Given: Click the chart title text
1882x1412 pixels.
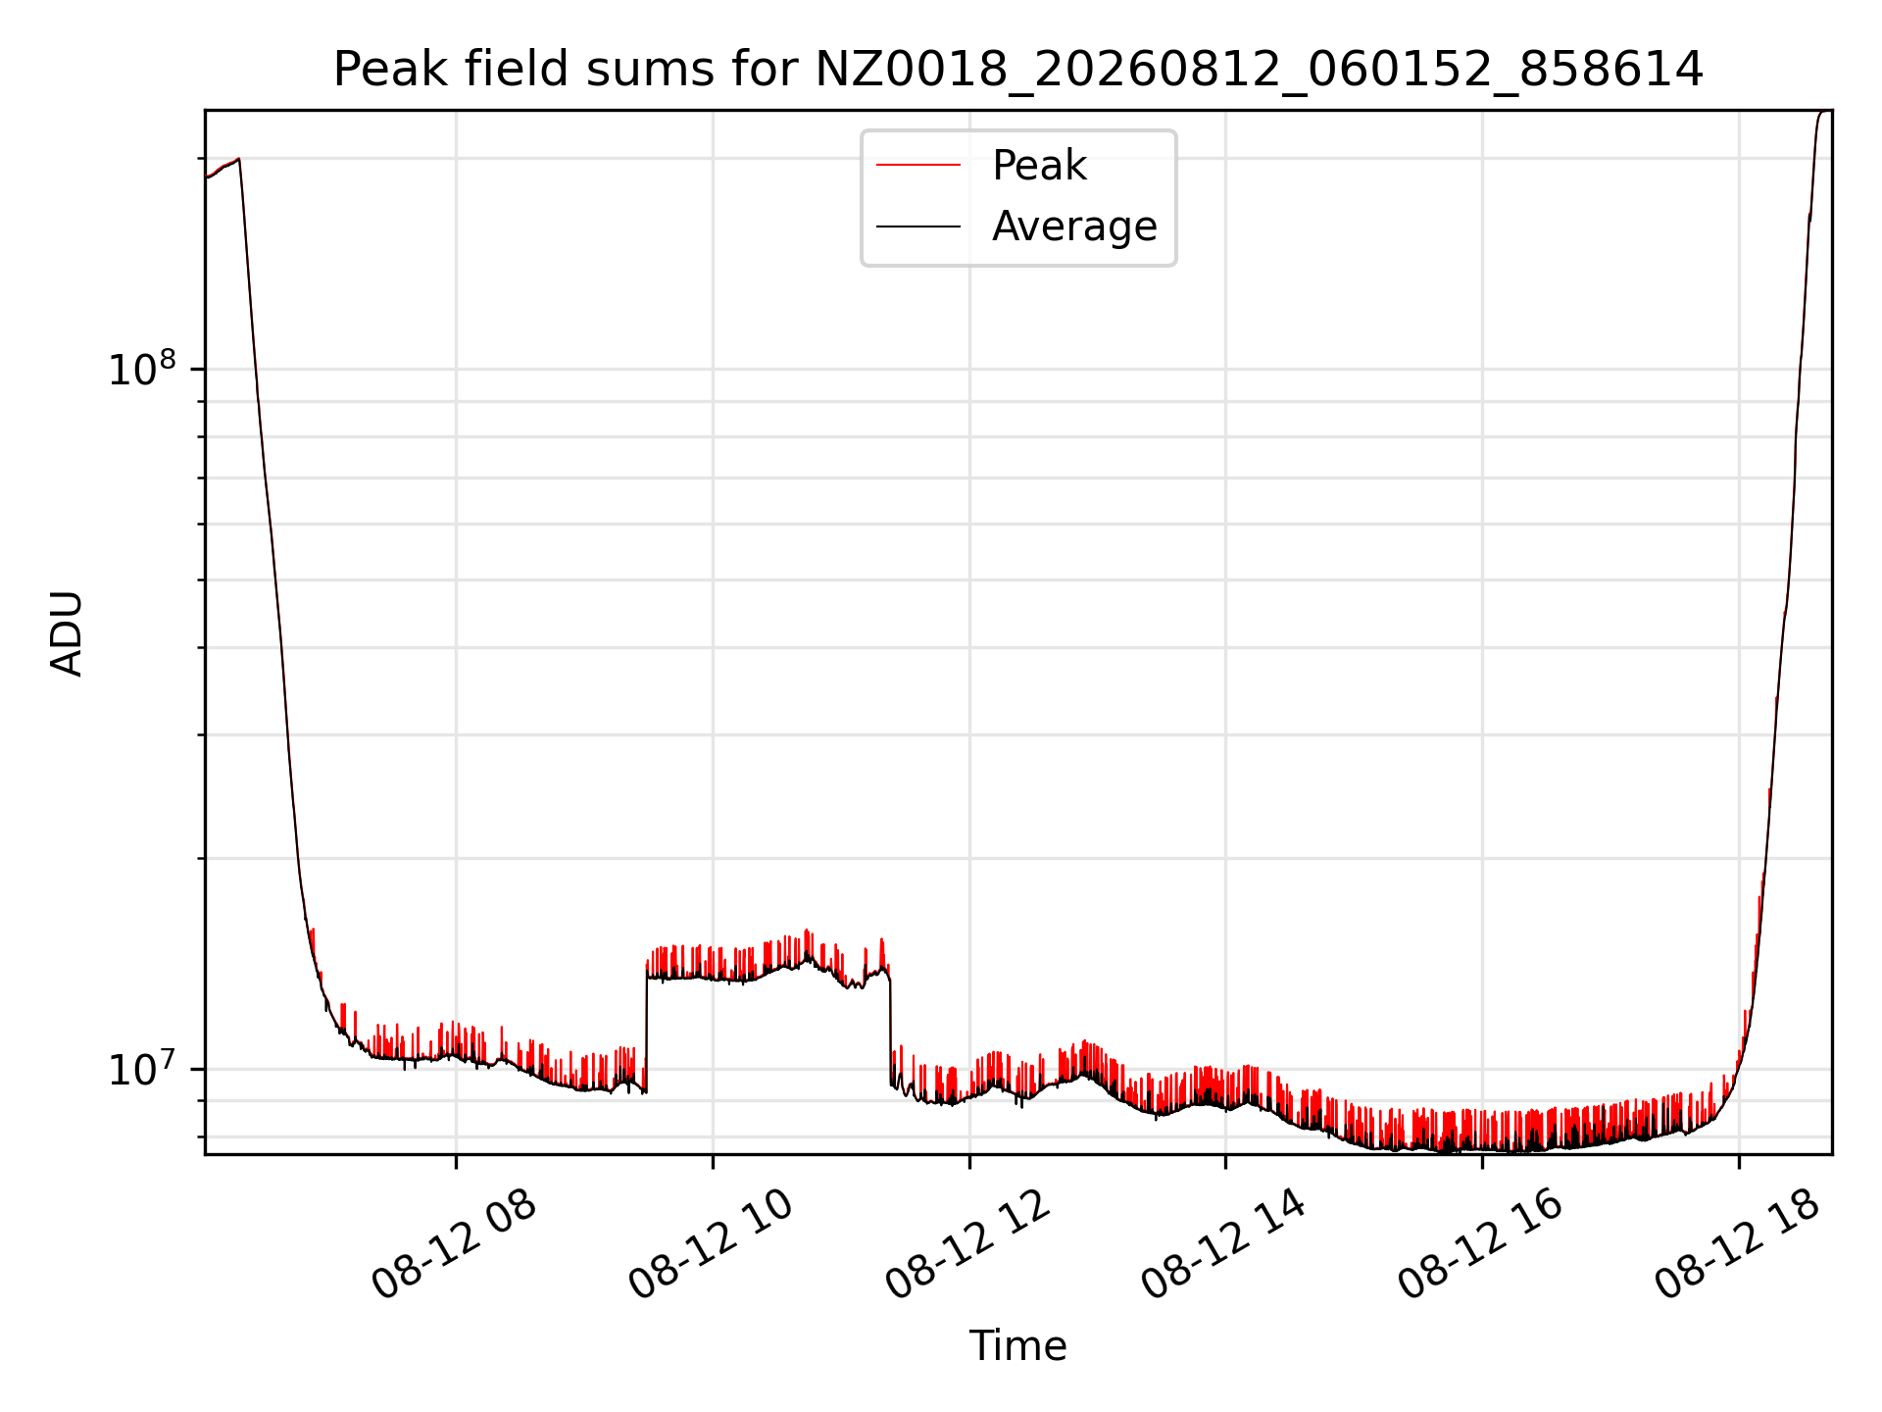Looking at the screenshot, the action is (1018, 70).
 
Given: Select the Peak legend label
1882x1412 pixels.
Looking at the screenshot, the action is (1039, 166).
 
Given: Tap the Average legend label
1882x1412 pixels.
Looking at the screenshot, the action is (1074, 227).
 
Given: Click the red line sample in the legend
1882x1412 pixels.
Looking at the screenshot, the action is (918, 166).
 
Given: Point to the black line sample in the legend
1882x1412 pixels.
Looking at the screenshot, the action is (918, 227).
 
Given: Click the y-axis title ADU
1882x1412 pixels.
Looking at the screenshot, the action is (67, 633).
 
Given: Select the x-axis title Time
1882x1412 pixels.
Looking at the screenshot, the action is (1018, 1345).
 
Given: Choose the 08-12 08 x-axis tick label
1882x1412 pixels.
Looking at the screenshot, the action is (455, 1245).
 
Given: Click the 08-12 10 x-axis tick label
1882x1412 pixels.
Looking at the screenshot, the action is (712, 1245).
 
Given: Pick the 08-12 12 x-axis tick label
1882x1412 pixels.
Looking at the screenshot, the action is (968, 1245).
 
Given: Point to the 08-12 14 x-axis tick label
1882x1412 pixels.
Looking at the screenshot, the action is (1225, 1245).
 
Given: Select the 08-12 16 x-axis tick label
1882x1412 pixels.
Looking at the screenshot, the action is (1481, 1245).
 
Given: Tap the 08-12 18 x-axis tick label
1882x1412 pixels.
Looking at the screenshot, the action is (1738, 1245).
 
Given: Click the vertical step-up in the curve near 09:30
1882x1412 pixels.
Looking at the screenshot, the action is (646, 1030).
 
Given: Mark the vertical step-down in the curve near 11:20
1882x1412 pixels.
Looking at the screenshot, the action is (890, 1030).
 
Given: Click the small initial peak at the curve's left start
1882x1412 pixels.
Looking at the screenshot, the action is (238, 159).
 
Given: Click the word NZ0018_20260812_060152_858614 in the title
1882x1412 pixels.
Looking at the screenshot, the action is (1260, 71).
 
